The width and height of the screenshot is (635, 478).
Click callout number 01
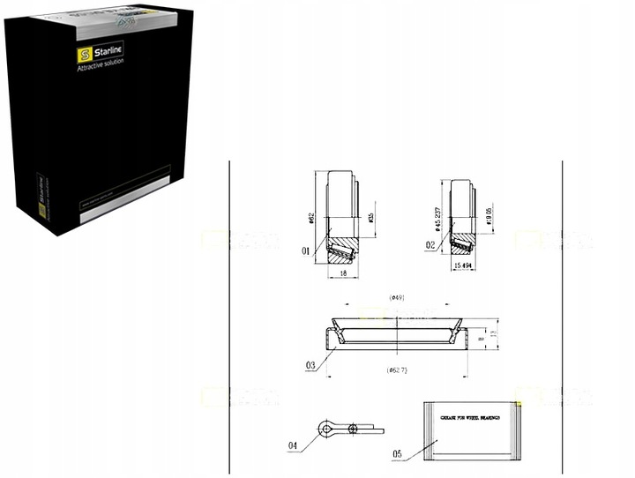[x=305, y=251]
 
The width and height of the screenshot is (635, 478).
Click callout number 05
[x=399, y=454]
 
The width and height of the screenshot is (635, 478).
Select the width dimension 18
[x=341, y=274]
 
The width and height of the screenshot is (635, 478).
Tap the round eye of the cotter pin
[x=329, y=429]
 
